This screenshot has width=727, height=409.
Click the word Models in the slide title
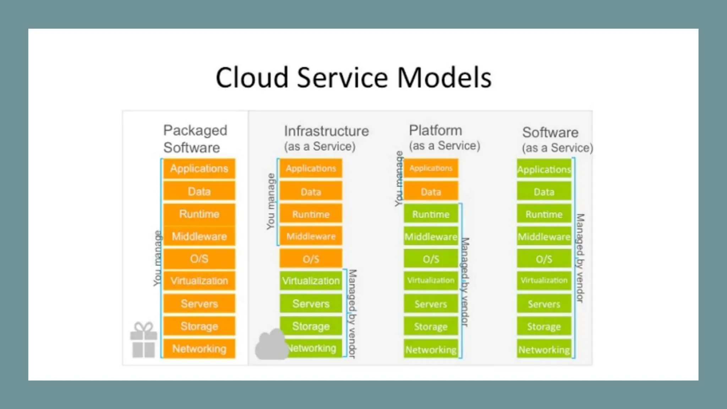pos(444,78)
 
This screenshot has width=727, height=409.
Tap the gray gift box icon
pos(143,340)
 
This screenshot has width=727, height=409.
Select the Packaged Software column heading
pos(195,139)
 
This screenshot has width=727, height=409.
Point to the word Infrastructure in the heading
pos(326,131)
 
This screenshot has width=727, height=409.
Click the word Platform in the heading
pos(435,130)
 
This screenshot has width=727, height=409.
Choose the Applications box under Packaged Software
pos(199,169)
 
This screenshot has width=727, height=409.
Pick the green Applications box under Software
pos(544,169)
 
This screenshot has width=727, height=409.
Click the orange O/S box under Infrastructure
pos(311,259)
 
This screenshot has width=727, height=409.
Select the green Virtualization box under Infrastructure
pos(311,281)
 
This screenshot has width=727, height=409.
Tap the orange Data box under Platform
pos(431,192)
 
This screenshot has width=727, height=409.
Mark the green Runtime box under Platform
pos(431,214)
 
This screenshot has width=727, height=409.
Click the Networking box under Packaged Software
pos(199,349)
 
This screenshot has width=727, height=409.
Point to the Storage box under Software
pos(544,326)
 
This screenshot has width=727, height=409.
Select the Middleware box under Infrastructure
pos(311,236)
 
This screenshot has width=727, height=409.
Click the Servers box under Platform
pos(431,304)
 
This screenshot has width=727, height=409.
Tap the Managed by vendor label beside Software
pos(580,258)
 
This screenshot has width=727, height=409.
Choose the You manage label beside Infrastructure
pos(271,201)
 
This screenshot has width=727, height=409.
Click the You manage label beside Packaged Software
pos(157,258)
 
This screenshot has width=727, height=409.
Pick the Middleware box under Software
pos(544,237)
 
